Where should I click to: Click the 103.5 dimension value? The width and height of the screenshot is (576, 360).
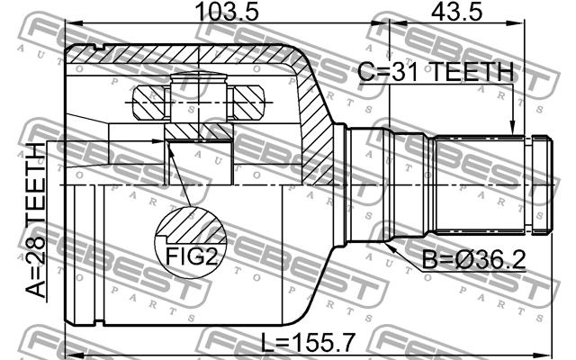click(x=227, y=12)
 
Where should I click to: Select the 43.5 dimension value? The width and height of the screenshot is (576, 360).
click(x=457, y=12)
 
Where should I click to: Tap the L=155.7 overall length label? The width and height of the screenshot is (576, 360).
click(x=308, y=342)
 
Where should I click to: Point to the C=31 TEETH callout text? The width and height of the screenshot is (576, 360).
click(x=436, y=72)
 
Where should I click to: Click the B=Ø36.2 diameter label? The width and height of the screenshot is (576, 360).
click(x=474, y=260)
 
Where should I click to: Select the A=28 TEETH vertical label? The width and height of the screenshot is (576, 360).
click(x=36, y=220)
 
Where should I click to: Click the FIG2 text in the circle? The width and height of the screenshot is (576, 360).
click(x=192, y=256)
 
